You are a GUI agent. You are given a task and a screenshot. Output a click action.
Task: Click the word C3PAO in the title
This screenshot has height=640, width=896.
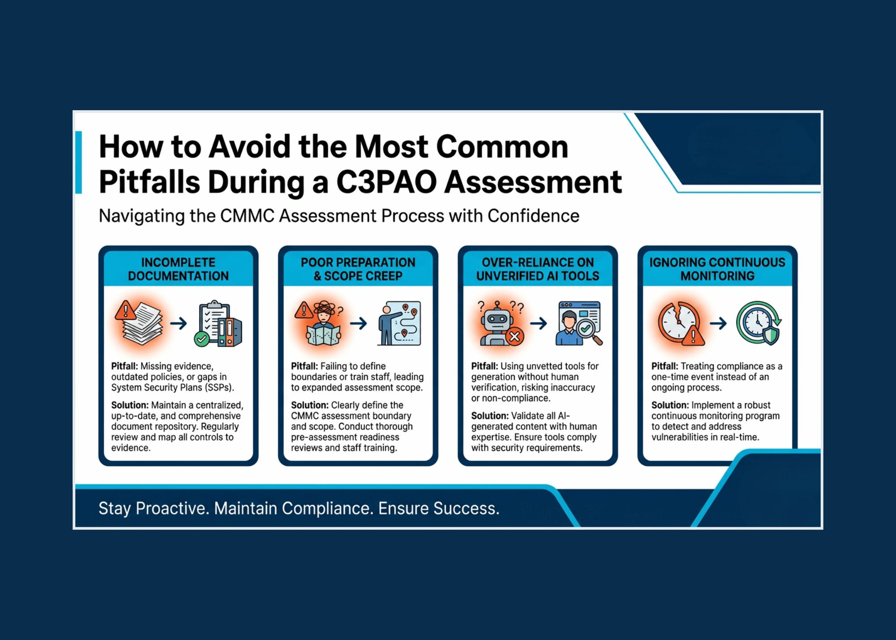386,182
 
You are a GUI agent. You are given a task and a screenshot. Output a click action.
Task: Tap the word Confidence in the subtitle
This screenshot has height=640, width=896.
533,216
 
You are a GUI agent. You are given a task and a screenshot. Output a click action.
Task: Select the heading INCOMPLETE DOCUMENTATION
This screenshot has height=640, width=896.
178,269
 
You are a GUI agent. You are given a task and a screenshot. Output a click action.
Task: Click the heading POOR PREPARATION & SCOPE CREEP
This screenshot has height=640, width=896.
358,269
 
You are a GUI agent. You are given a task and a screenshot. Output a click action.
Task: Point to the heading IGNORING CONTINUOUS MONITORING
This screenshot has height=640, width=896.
717,269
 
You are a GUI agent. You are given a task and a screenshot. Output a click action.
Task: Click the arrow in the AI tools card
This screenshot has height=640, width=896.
538,323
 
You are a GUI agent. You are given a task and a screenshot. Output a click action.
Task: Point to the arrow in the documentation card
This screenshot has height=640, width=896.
178,323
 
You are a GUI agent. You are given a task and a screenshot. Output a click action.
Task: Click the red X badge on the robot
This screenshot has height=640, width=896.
515,336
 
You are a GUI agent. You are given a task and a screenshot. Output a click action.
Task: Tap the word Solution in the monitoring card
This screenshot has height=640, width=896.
670,405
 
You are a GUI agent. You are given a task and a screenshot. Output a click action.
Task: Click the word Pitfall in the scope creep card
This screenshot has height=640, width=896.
304,366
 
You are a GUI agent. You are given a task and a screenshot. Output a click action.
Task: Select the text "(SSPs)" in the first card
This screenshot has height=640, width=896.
220,388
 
